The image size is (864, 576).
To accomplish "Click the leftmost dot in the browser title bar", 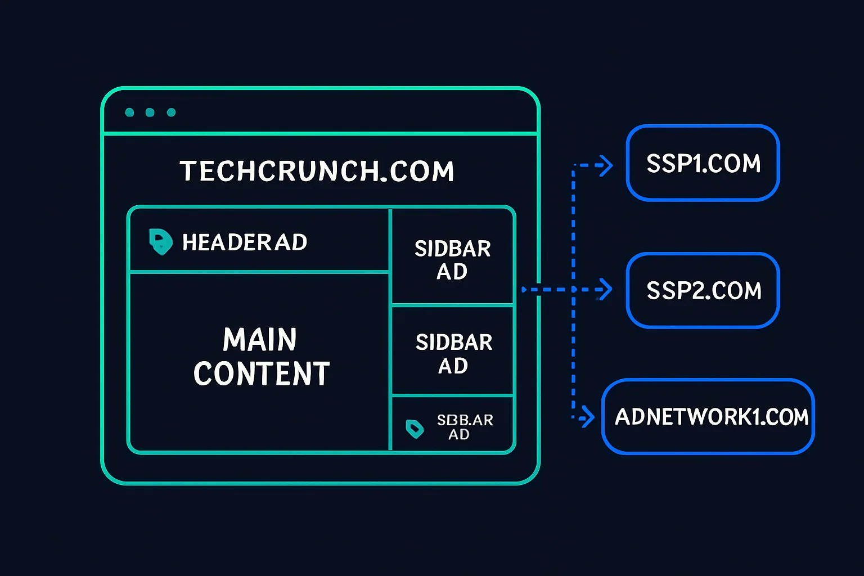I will click(x=129, y=112).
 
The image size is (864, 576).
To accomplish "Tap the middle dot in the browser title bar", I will click(x=150, y=112).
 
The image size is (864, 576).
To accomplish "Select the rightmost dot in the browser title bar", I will click(x=171, y=112).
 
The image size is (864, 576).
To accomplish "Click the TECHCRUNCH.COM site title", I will click(x=317, y=171).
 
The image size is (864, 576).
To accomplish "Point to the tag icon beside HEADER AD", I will click(x=160, y=242).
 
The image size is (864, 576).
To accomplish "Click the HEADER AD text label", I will click(x=245, y=242).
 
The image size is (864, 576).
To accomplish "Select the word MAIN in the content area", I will click(x=259, y=340).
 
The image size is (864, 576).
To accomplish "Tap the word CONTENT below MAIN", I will click(x=262, y=374).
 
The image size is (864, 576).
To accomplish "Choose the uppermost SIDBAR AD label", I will click(x=453, y=259).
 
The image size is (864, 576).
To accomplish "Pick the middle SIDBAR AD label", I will click(x=453, y=353).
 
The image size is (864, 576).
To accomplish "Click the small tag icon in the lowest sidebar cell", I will click(x=415, y=429).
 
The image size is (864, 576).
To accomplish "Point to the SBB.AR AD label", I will click(x=465, y=427).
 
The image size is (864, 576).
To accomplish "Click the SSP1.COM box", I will click(x=703, y=163).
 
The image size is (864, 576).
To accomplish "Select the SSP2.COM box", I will click(x=703, y=290).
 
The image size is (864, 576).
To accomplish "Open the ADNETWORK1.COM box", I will click(x=708, y=417).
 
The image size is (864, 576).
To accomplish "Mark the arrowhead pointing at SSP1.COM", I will click(x=606, y=165).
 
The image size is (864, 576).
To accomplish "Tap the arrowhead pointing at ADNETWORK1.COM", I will click(x=588, y=417).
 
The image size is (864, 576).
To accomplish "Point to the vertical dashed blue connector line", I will click(x=573, y=349).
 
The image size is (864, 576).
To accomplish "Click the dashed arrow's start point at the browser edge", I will click(x=524, y=290).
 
